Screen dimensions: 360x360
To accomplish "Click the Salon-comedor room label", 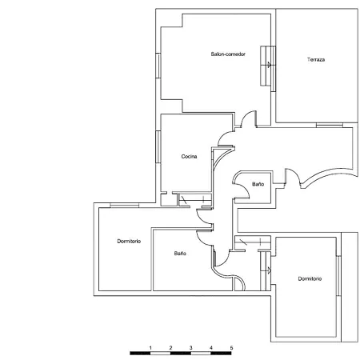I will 228,54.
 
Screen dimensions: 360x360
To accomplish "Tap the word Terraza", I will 315,60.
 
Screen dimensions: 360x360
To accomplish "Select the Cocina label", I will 190,156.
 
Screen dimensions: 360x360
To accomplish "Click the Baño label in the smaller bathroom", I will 258,184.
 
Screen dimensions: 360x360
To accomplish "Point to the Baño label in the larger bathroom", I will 180,253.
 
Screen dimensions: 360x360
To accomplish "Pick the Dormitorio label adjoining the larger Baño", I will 129,242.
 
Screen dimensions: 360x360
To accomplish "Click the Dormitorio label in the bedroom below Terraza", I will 310,278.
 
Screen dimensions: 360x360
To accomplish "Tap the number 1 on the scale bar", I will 150,346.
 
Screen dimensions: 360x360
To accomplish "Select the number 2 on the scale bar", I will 170,346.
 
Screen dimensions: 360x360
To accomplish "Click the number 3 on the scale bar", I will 190,346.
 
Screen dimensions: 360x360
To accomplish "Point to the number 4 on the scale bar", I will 210,346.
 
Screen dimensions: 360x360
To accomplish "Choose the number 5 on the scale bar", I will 231,346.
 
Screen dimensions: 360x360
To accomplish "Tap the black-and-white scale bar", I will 180,352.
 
